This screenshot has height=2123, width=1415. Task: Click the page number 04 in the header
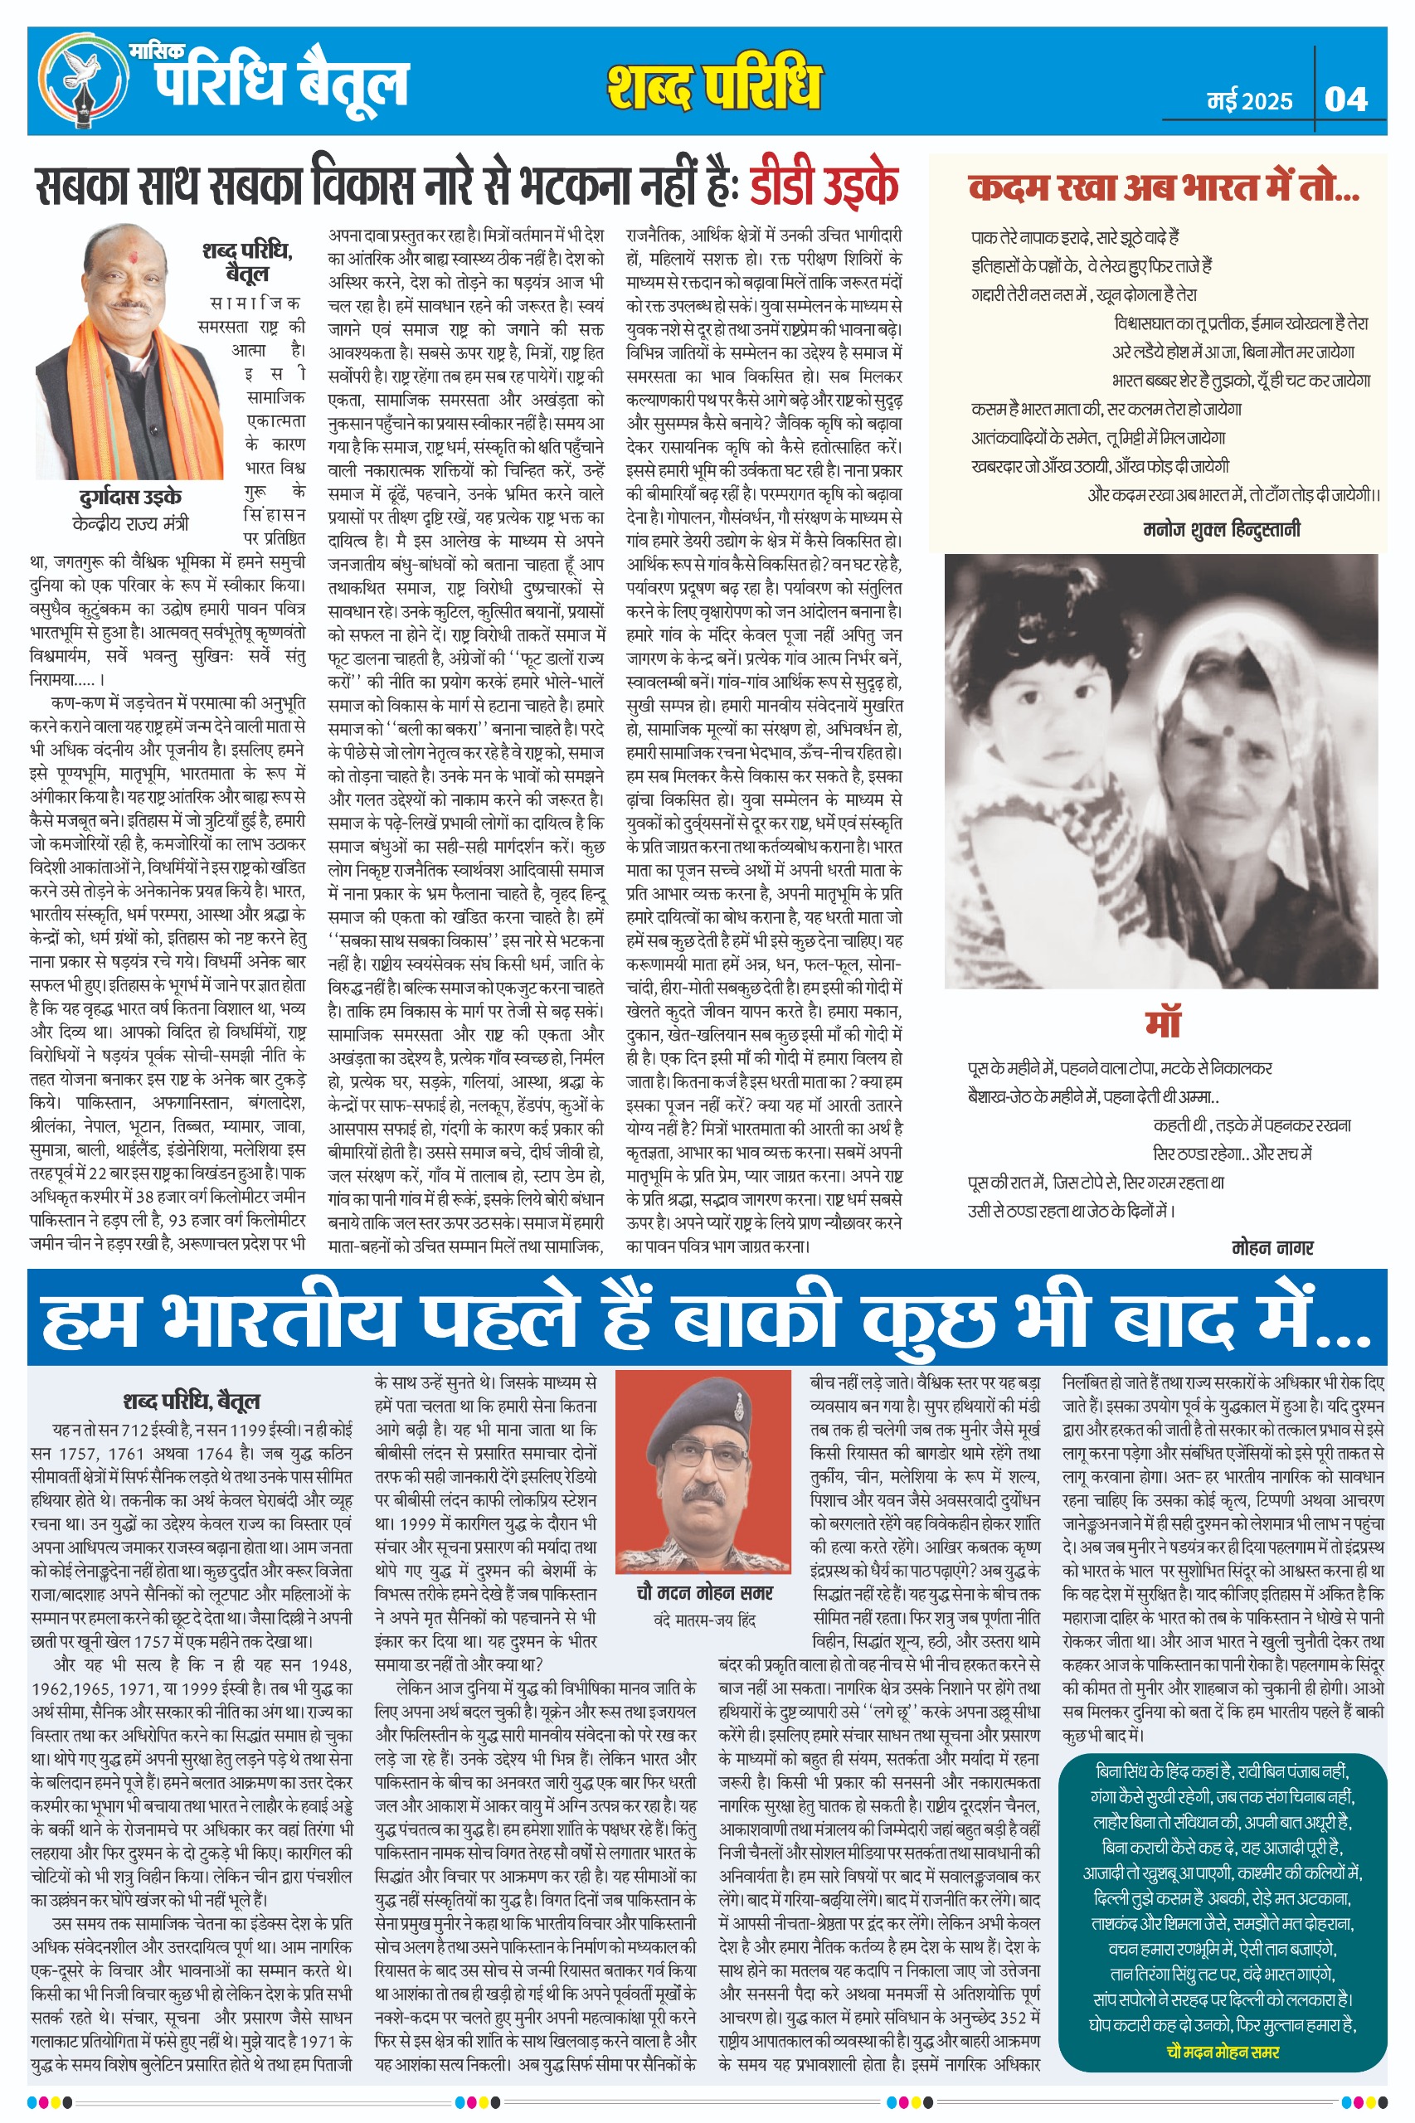[1345, 99]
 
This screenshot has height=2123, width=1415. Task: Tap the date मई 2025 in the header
[1249, 101]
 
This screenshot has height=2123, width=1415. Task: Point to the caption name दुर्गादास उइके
[130, 497]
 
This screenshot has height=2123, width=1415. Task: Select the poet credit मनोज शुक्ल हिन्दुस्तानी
[1222, 530]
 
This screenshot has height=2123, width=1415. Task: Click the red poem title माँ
[1162, 1023]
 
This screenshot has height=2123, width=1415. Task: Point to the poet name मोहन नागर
[1272, 1248]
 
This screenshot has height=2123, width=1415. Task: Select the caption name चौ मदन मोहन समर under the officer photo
[704, 1592]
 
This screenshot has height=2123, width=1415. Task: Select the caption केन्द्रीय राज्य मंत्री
[130, 523]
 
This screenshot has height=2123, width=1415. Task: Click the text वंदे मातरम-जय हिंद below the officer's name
[704, 1620]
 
